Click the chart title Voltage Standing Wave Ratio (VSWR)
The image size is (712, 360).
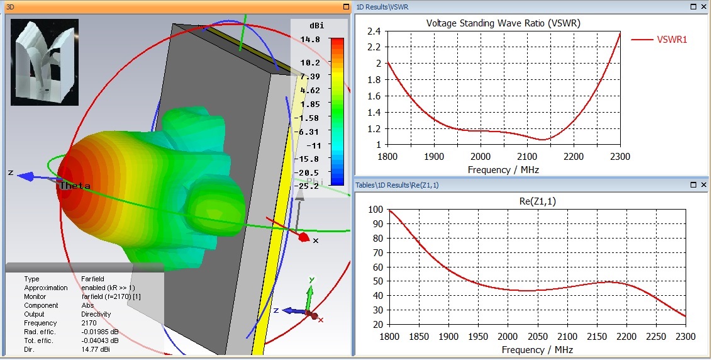coord(503,23)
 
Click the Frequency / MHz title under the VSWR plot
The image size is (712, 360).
coord(503,170)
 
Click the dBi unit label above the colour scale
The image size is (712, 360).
coord(317,25)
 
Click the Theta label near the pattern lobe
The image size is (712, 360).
coord(75,186)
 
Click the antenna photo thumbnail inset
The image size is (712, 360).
coord(44,62)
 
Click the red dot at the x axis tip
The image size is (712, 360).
coord(303,237)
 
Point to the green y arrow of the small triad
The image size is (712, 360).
coord(309,293)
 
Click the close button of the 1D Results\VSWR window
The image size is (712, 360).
coord(703,6)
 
